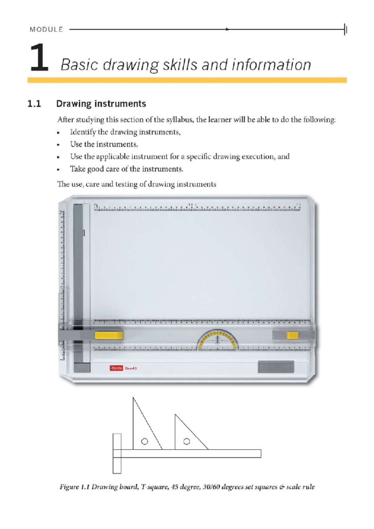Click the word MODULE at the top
point(46,30)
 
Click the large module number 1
point(39,58)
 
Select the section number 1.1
point(34,104)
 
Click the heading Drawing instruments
point(101,104)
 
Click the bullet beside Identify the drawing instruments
point(58,133)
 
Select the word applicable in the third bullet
point(112,156)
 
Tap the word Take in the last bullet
point(77,169)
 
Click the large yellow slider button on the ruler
point(109,335)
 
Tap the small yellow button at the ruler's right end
point(292,335)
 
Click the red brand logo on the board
point(117,368)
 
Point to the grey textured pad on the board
point(276,367)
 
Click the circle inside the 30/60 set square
point(145,441)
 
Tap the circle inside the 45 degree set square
point(186,441)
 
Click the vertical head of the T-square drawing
point(117,454)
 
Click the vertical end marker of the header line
point(345,30)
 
